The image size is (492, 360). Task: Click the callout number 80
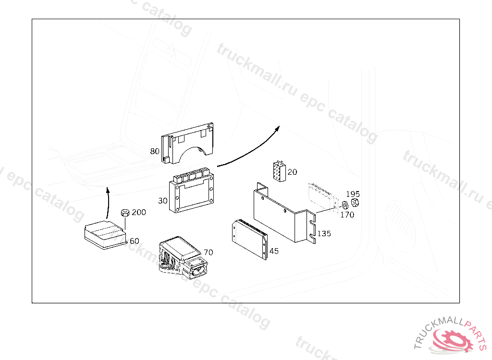tap(155, 151)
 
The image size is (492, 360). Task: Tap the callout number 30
tap(163, 200)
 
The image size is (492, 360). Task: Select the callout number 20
tap(293, 172)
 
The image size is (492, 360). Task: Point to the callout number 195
tap(353, 194)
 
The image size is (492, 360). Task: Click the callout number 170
tap(347, 215)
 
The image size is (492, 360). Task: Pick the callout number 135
tap(324, 234)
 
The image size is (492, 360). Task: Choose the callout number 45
tap(274, 251)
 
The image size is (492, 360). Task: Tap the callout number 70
tap(208, 252)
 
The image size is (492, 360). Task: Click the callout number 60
tap(135, 241)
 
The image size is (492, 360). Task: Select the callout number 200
tap(139, 212)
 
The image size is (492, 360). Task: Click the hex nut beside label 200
tap(124, 212)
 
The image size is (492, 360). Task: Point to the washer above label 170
tap(344, 205)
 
